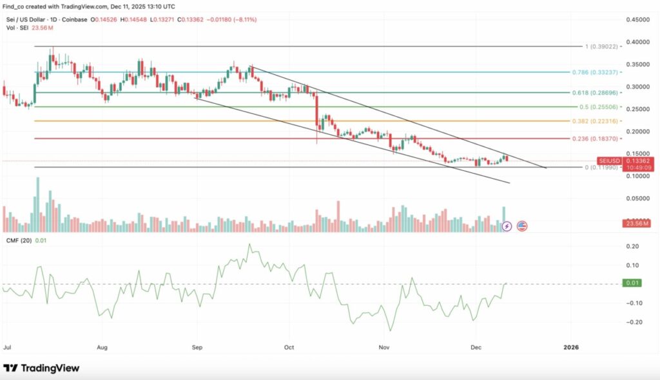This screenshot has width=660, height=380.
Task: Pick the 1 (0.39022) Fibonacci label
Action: tap(600, 46)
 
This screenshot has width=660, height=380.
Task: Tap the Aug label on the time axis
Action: tap(102, 346)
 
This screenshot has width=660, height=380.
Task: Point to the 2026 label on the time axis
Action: tap(571, 346)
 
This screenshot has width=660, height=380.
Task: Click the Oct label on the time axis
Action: tap(289, 346)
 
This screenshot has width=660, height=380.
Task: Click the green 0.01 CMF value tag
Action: tap(632, 283)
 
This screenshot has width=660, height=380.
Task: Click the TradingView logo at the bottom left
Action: tap(41, 368)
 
